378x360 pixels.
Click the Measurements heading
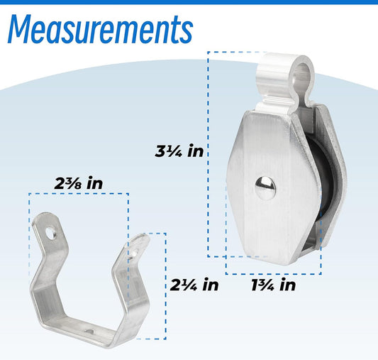[x=100, y=29]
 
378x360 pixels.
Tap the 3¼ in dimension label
[x=179, y=151]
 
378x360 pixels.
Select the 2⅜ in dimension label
[x=79, y=183]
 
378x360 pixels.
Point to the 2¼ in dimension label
[x=194, y=285]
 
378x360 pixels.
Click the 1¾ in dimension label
[x=273, y=285]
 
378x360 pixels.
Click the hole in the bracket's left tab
[x=51, y=234]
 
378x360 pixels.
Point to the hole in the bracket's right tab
[x=134, y=253]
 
